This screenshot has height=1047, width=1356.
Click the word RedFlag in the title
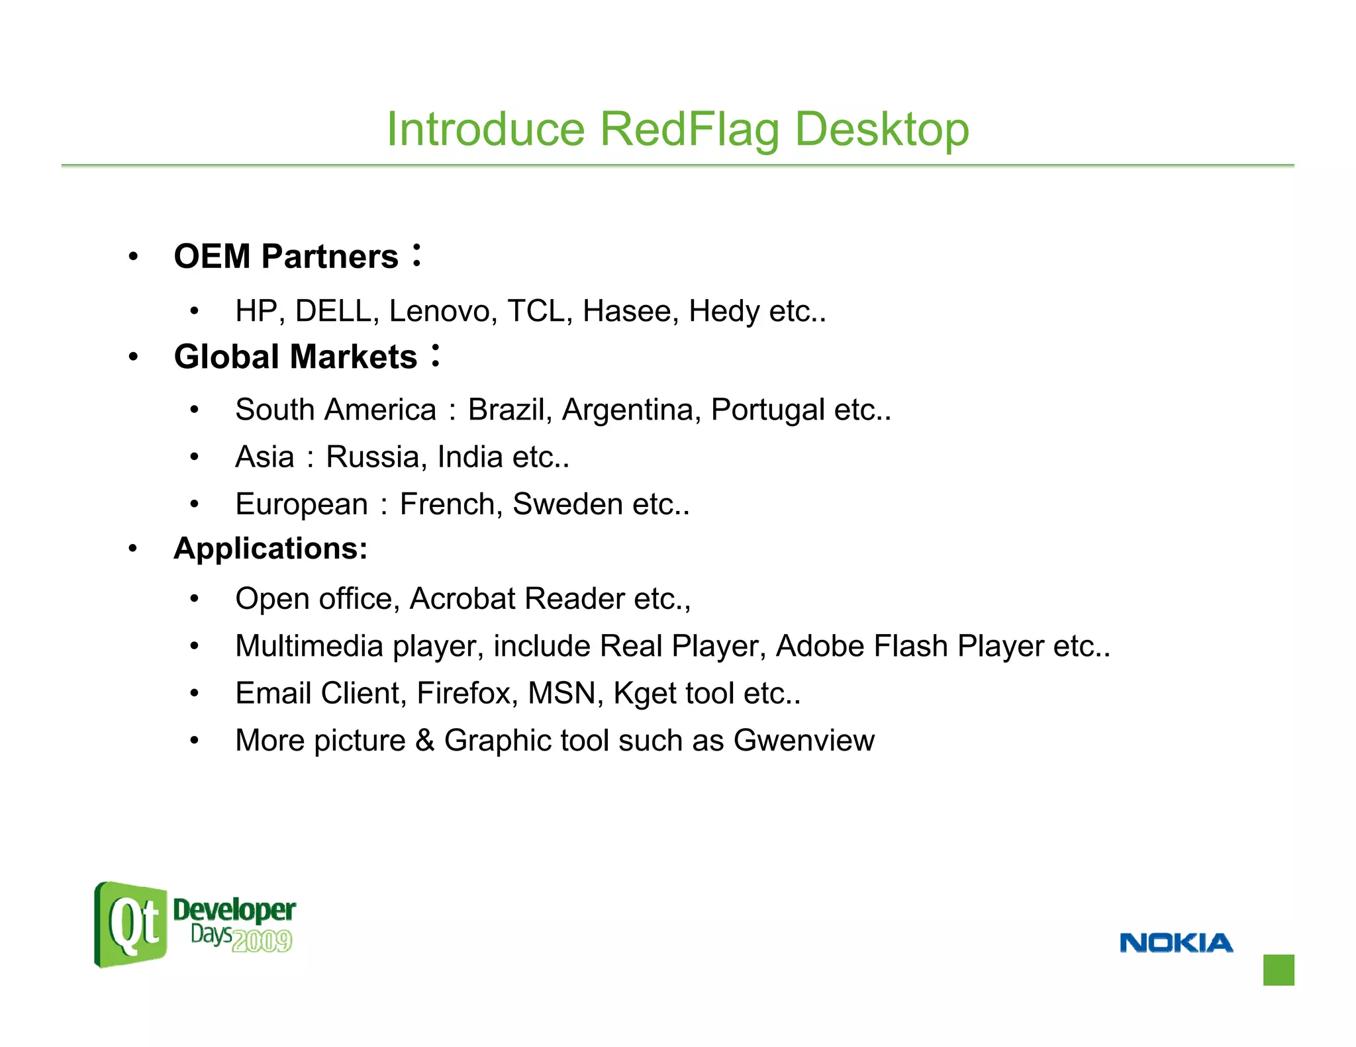689,129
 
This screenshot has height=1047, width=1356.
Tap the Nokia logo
1176,942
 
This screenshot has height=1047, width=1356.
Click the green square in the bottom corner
1278,970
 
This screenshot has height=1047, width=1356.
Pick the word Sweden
567,504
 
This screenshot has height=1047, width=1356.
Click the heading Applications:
270,549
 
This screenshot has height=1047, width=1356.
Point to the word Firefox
466,694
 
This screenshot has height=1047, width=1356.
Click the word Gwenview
804,741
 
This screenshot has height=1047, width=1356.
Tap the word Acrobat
462,599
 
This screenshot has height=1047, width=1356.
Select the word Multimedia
309,646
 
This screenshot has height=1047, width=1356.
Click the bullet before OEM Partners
134,257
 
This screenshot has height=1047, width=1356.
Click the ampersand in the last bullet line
424,741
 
